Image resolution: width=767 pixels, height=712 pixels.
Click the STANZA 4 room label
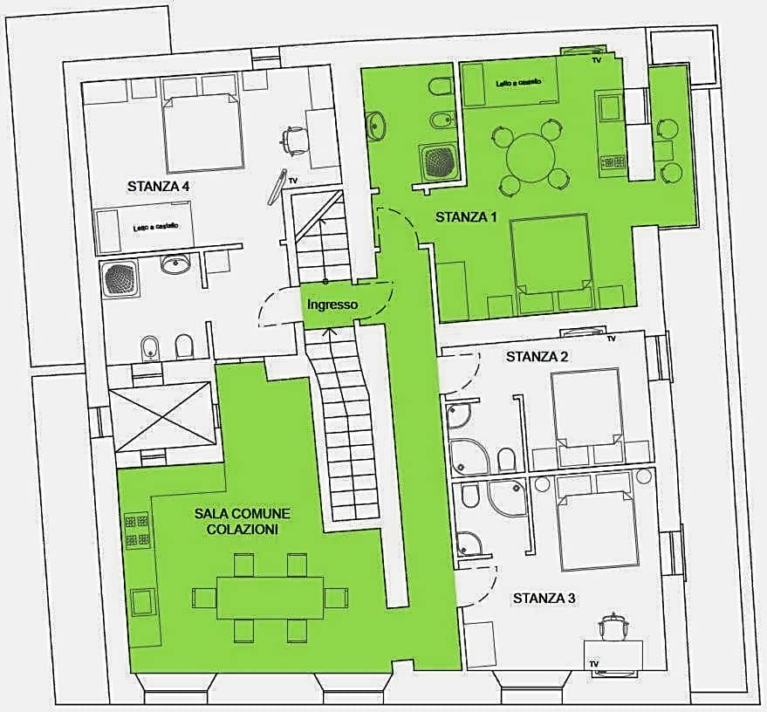(x=158, y=187)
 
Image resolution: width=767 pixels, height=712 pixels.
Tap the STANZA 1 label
(x=466, y=216)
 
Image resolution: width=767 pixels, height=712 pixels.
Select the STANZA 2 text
(x=538, y=357)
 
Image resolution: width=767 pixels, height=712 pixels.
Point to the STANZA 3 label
(x=544, y=598)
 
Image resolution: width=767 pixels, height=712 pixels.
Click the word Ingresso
(x=332, y=305)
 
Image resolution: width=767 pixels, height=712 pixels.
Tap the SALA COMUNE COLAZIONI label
(x=242, y=521)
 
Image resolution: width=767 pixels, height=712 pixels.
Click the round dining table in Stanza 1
(x=531, y=157)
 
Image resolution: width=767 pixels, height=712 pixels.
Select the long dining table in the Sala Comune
(x=270, y=598)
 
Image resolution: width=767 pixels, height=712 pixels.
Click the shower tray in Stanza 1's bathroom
(x=438, y=161)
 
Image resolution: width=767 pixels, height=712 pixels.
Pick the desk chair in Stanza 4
(x=294, y=140)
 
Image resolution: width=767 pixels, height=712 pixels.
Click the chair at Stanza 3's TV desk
(x=612, y=626)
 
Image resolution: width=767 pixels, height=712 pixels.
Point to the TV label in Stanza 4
(x=293, y=181)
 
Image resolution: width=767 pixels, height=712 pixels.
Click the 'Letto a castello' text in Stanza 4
(x=155, y=227)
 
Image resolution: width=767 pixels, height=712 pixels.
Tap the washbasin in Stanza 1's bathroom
(x=376, y=125)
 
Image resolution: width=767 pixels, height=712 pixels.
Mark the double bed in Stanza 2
(x=585, y=407)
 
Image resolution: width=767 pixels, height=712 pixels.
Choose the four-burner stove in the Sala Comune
(x=137, y=530)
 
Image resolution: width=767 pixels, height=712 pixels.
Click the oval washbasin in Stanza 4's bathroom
(x=175, y=264)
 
